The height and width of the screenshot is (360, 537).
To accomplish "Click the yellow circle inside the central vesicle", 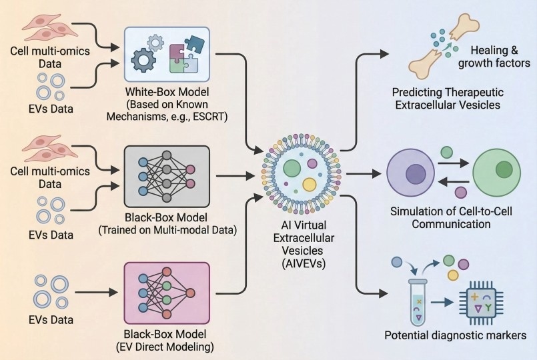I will click(309, 185).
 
